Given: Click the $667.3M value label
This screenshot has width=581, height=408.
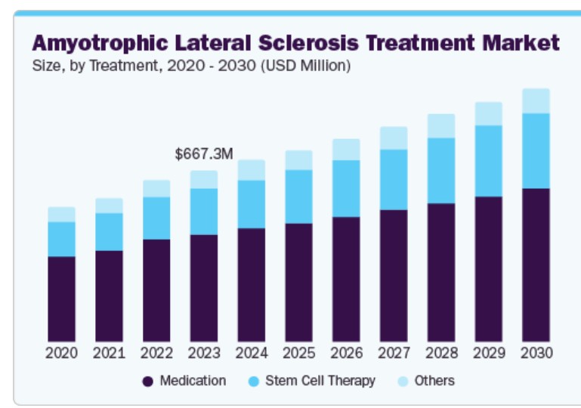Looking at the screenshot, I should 204,154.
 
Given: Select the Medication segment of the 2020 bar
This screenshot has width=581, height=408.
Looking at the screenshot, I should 61,298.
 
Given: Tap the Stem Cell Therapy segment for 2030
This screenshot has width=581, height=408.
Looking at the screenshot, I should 536,150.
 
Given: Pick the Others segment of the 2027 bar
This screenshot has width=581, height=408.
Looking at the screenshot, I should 394,138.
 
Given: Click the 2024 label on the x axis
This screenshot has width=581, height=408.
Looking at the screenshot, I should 252,353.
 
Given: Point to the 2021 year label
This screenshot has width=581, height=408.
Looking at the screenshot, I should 109,353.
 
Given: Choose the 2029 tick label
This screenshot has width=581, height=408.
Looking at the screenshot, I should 489,353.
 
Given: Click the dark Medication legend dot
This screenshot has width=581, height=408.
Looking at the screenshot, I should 148,382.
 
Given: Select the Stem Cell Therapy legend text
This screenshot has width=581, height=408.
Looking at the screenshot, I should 320,381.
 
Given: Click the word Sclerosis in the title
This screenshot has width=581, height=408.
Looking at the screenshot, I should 307,42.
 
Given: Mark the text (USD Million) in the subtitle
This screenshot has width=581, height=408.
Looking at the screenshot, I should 305,66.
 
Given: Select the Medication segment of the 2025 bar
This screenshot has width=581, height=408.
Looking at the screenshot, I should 299,282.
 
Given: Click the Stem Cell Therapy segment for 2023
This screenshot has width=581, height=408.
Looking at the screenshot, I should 204,211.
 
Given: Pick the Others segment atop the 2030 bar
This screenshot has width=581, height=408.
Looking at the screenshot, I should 536,100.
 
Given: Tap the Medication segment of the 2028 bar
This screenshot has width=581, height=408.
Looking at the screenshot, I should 441,272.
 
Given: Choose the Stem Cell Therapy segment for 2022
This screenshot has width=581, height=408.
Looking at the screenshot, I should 156,218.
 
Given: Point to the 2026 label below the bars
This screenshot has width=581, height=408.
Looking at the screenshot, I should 346,353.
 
